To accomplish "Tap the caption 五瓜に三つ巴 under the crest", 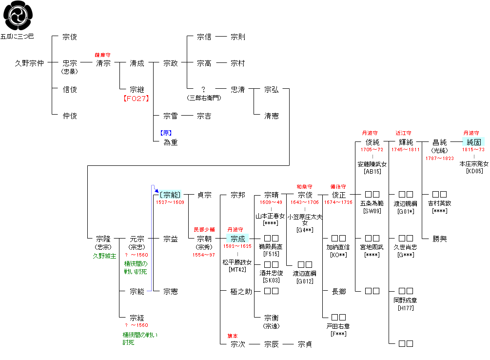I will coord(18,36).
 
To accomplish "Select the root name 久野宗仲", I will coord(29,63).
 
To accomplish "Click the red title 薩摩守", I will coord(103,55).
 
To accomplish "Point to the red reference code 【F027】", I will coord(137,98).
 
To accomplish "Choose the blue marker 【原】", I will coord(166,133).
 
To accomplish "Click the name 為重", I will coord(171,142).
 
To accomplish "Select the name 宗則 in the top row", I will coord(238,37).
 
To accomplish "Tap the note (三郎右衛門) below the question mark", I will coord(204,98).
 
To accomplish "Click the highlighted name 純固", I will coord(473,142).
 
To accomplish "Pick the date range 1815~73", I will coord(473,150).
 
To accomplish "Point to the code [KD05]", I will coord(473,171).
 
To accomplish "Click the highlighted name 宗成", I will coord(237,239).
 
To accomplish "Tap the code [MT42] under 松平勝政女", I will coord(237,270).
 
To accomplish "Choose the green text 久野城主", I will coord(104,256).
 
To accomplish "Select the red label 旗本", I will coord(233,336).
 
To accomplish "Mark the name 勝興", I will coord(440,239).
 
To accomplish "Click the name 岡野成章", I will coord(406,300).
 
